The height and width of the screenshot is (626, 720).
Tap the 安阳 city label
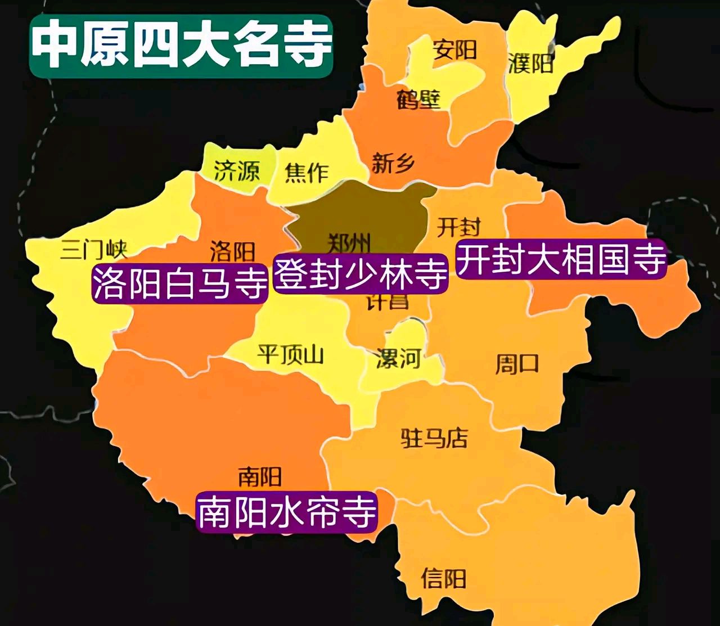coord(455,51)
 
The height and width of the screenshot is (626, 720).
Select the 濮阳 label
coord(531,64)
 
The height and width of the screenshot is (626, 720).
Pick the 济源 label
coord(237,170)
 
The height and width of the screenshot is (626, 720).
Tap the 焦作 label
coord(307,172)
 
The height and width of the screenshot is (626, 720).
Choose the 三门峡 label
coord(94,249)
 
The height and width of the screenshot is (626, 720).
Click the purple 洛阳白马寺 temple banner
coord(179,283)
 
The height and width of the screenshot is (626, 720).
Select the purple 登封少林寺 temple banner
coord(361,274)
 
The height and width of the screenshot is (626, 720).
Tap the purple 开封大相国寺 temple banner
coord(561,259)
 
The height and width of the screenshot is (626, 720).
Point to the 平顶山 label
coord(290,355)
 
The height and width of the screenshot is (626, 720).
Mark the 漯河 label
coord(399,358)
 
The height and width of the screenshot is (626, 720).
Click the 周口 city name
coord(516,364)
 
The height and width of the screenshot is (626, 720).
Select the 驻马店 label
coord(434,438)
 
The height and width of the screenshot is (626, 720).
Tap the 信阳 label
coord(444,578)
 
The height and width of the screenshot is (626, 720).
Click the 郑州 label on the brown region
coord(349,243)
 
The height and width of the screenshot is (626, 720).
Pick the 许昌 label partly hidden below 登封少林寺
coord(388,302)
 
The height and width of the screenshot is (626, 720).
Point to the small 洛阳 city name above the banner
coord(232,251)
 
